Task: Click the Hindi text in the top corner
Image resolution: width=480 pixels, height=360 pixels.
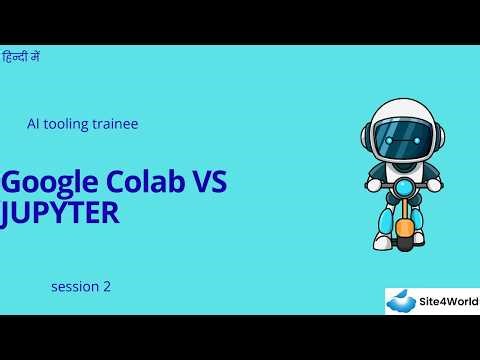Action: pyautogui.click(x=21, y=57)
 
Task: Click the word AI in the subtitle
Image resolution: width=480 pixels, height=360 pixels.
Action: pyautogui.click(x=33, y=124)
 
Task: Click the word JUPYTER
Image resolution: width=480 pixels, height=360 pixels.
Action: pyautogui.click(x=60, y=212)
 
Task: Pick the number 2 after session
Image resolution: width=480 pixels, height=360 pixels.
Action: pyautogui.click(x=106, y=287)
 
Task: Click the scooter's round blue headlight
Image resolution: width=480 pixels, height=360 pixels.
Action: pyautogui.click(x=402, y=188)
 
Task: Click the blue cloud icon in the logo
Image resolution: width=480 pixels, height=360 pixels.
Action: pyautogui.click(x=401, y=300)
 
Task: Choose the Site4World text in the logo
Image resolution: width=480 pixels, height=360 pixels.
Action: pyautogui.click(x=447, y=301)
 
